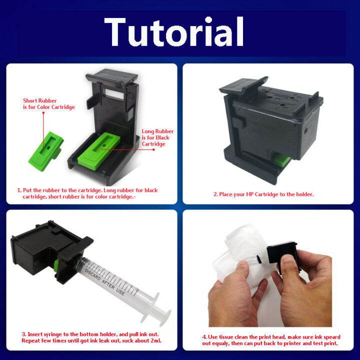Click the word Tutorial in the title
(174, 31)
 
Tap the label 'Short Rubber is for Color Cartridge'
(49, 104)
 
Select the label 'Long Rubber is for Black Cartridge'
(157, 137)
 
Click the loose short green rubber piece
(46, 151)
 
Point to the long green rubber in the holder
(99, 151)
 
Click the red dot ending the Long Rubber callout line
(153, 149)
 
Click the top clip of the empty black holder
(112, 77)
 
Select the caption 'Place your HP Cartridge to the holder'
(263, 194)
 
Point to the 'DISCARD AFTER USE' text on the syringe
(104, 282)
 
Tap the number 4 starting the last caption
(204, 337)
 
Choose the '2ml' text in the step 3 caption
(155, 340)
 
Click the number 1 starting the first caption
(19, 190)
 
